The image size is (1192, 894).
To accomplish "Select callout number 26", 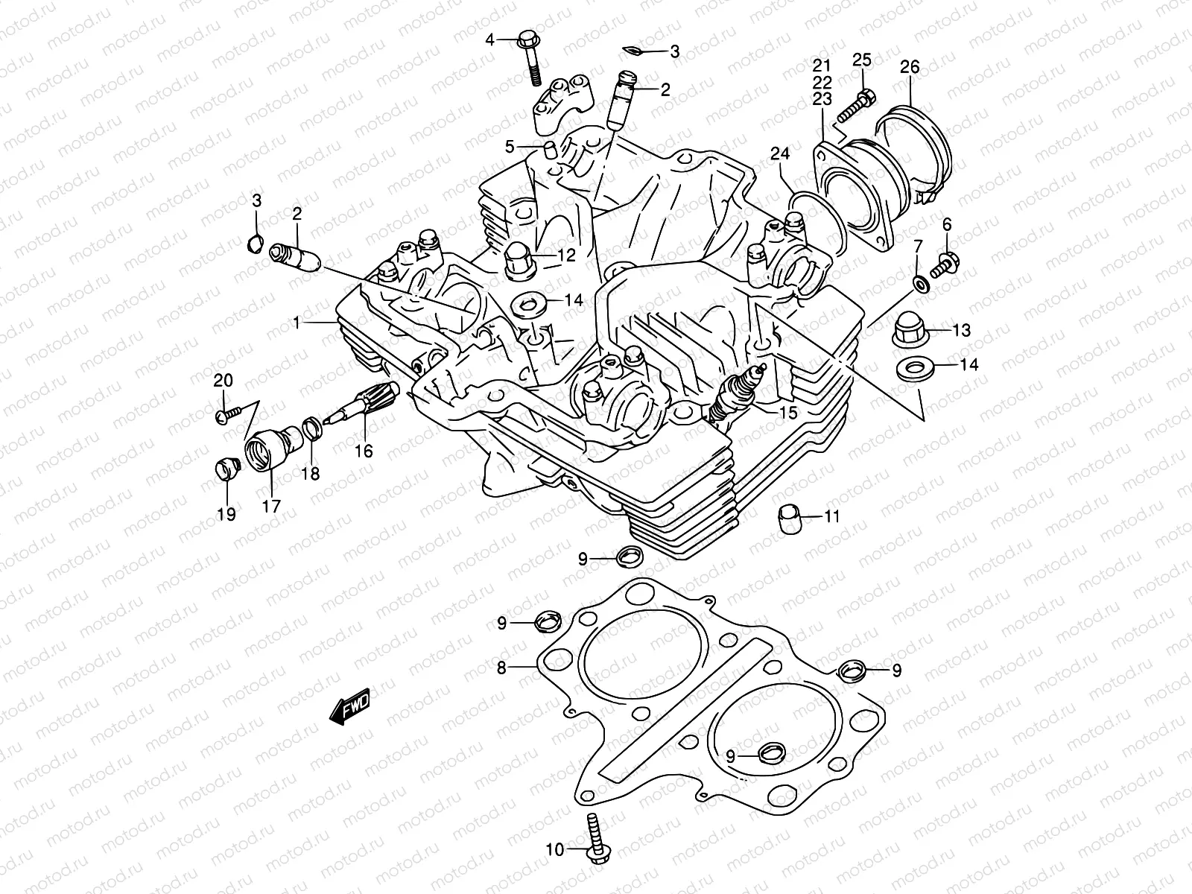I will (x=910, y=67).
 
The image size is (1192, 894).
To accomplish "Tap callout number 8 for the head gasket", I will (x=501, y=668).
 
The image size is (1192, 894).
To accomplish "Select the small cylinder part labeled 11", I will (x=790, y=516).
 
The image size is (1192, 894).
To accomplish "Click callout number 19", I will (x=226, y=513).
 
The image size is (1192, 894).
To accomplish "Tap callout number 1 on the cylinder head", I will (x=296, y=323).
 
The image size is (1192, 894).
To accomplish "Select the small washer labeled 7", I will (x=922, y=284).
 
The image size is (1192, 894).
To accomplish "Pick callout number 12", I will (x=566, y=256).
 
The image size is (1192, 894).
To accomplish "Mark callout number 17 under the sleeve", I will (x=270, y=506).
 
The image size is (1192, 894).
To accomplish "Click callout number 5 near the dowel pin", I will (x=510, y=147).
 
